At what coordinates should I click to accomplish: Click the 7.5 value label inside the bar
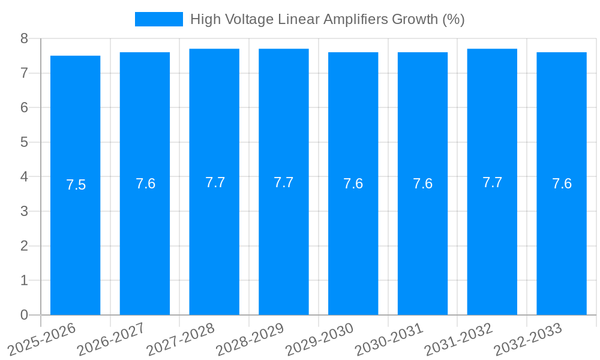(x=76, y=185)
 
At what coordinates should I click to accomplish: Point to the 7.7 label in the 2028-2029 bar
(x=284, y=182)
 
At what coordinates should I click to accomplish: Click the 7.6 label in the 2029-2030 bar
(x=353, y=184)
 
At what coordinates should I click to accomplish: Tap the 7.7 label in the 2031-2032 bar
(x=493, y=182)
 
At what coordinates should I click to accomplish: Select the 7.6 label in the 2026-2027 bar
(x=146, y=184)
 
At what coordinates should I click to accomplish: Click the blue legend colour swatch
(x=159, y=19)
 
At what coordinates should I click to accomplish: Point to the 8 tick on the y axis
(x=24, y=38)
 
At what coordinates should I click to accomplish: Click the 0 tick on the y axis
(x=24, y=315)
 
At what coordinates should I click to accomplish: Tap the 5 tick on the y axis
(x=24, y=142)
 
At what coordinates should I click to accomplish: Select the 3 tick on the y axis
(x=24, y=211)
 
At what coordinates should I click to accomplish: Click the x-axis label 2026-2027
(x=111, y=339)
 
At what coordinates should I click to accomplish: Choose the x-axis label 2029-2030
(x=319, y=339)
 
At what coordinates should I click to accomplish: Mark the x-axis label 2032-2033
(x=527, y=339)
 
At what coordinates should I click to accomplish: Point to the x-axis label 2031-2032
(x=458, y=339)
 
